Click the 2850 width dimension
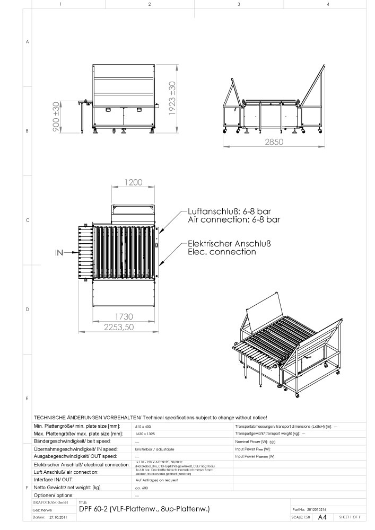(x=274, y=142)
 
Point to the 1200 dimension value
(x=133, y=182)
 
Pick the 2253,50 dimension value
(x=125, y=326)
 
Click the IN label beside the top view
(x=59, y=253)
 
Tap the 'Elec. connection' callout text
(x=222, y=252)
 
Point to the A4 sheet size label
(x=322, y=517)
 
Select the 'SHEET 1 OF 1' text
(x=350, y=517)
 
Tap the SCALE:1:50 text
(x=301, y=517)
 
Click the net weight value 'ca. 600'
(x=142, y=487)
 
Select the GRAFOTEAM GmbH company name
(x=50, y=501)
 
